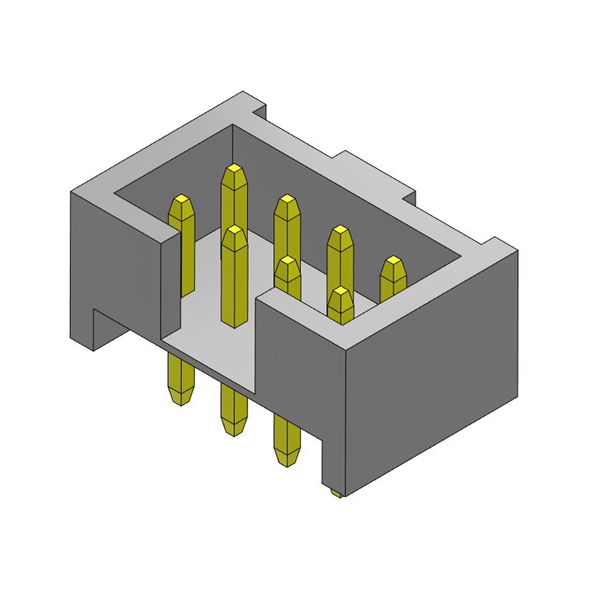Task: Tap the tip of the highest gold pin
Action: tap(234, 170)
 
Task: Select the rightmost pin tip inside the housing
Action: tap(394, 263)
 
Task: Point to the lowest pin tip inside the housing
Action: tap(340, 294)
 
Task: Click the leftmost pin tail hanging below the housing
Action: tap(180, 383)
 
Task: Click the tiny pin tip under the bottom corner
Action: tap(336, 493)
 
